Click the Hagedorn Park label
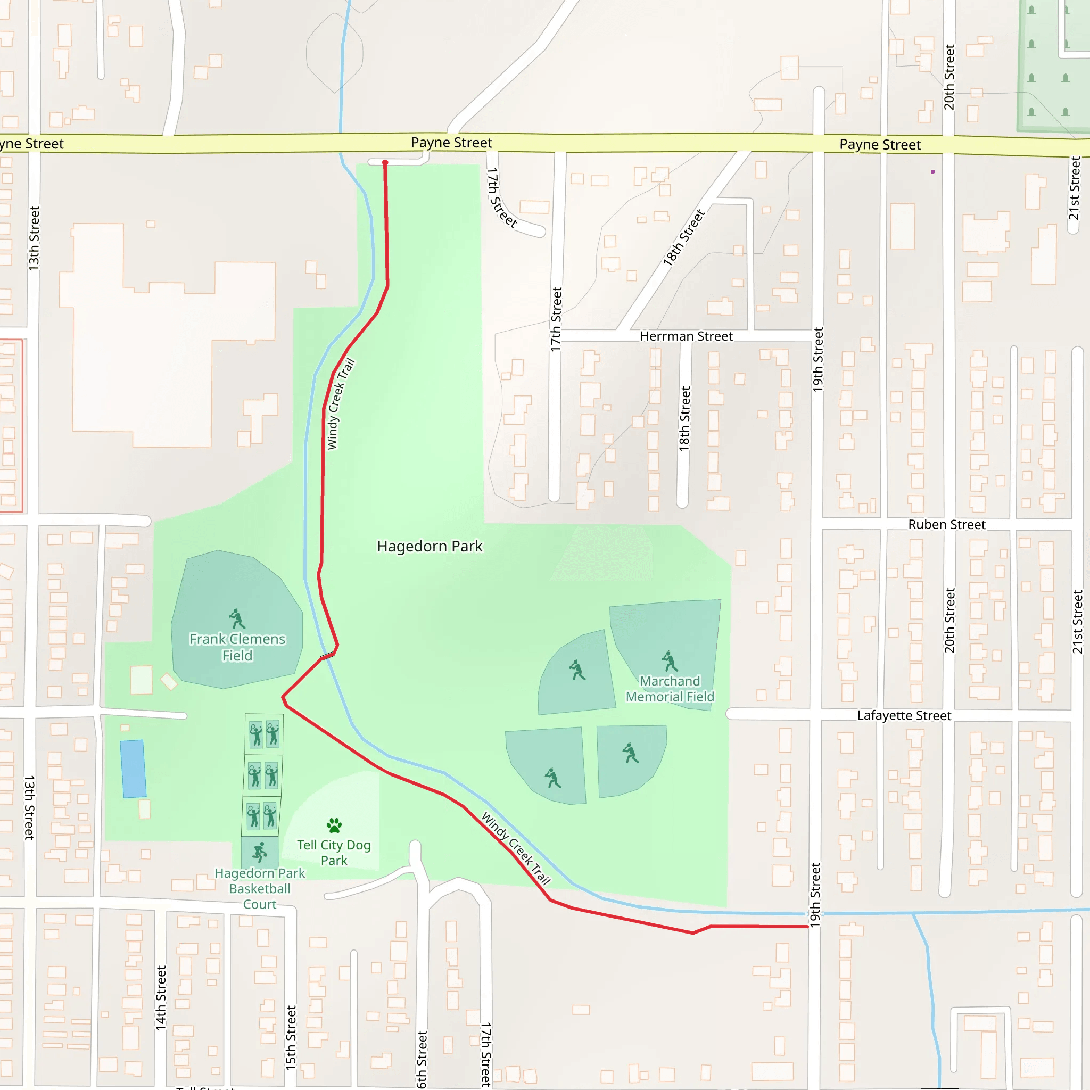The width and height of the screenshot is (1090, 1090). coord(430,546)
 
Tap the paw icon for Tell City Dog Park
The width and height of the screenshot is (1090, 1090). coord(334,825)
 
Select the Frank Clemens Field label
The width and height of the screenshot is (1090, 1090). coord(237,647)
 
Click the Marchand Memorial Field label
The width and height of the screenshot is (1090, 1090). coord(670,689)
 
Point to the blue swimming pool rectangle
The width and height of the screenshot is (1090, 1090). coord(133,769)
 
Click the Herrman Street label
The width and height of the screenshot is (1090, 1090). coord(686,336)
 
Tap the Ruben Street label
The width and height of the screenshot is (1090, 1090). coord(947,525)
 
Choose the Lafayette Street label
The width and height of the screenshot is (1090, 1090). coord(904,715)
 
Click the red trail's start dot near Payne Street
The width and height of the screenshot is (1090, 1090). coord(385,162)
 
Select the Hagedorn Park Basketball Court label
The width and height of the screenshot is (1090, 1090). coord(260,889)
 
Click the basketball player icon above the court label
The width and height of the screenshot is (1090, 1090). coord(260,853)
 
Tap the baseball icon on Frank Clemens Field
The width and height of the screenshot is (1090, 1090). coord(237,618)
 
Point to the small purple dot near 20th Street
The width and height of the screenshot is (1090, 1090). coord(932,171)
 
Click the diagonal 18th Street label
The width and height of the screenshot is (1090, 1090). coord(684,237)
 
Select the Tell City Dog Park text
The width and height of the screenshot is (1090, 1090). coord(334,853)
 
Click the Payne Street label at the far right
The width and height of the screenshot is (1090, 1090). coord(880,145)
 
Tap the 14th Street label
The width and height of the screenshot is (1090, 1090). coord(161,997)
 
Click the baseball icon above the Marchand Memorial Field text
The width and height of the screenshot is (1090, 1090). coord(669,660)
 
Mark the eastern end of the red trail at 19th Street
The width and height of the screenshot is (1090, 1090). coord(807,927)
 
